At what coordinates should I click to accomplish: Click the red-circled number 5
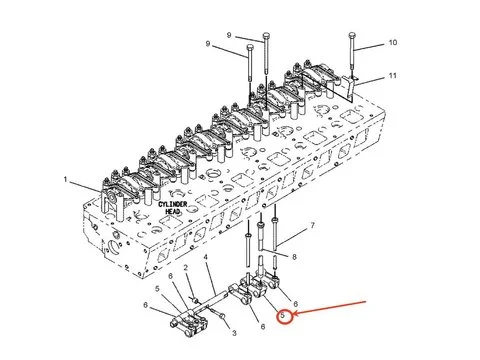pyautogui.click(x=283, y=317)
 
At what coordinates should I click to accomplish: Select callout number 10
pyautogui.click(x=392, y=42)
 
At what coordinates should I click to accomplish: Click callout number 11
pyautogui.click(x=393, y=76)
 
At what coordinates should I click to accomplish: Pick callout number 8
pyautogui.click(x=294, y=258)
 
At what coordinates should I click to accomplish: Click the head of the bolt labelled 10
pyautogui.click(x=352, y=36)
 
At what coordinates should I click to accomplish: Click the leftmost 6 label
pyautogui.click(x=149, y=304)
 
